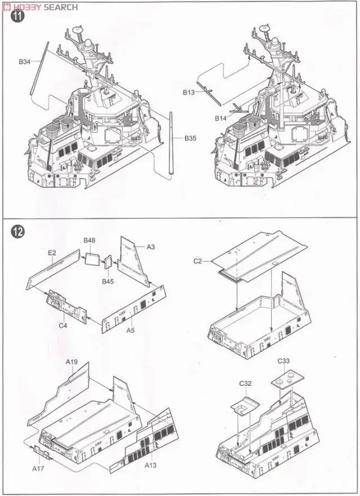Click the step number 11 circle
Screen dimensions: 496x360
point(19,16)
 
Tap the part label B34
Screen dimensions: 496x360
point(25,62)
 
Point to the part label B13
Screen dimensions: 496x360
point(188,92)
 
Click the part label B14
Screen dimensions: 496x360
point(220,119)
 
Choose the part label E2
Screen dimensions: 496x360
point(52,254)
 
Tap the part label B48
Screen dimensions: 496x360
point(89,241)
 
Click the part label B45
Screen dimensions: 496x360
point(107,281)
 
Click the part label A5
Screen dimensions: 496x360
point(130,330)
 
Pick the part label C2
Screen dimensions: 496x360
point(198,261)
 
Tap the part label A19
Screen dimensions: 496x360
point(71,362)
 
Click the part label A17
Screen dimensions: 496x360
point(38,468)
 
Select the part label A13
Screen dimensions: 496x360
point(151,465)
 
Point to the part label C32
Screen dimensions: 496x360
point(245,384)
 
